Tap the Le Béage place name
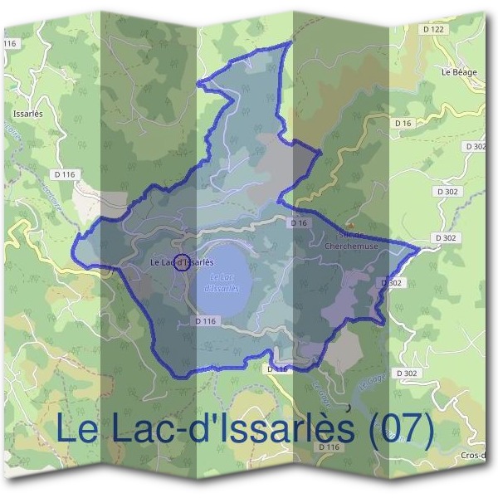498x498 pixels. [458, 72]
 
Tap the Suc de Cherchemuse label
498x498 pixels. [344, 241]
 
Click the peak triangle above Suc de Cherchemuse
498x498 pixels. [351, 225]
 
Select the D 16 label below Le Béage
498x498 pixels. [403, 123]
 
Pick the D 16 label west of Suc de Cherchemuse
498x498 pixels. [299, 223]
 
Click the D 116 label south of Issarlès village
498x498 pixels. [63, 174]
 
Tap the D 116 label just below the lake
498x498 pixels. [206, 320]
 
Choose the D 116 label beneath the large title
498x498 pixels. [330, 447]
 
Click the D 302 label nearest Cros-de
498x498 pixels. [407, 373]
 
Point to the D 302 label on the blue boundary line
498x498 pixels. [393, 282]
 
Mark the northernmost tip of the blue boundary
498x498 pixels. [290, 41]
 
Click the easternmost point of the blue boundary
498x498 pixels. [418, 247]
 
